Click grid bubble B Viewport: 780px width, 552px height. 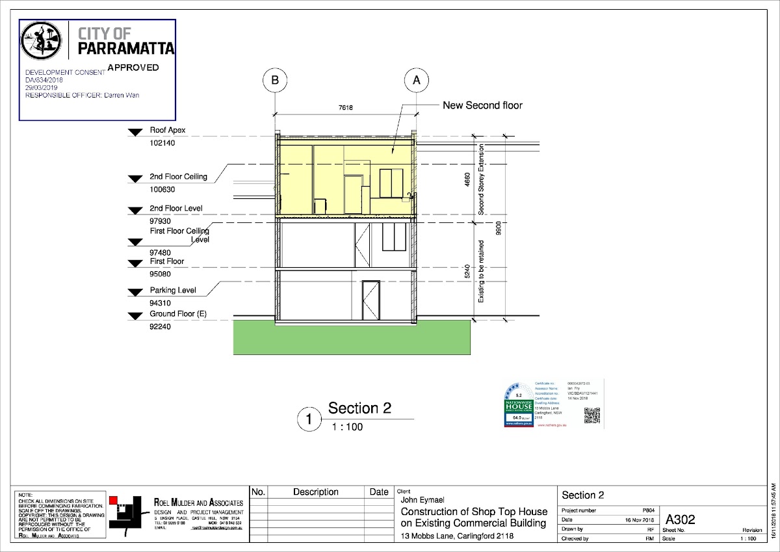pyautogui.click(x=275, y=81)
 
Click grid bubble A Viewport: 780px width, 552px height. pyautogui.click(x=416, y=81)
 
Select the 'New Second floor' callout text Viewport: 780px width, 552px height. pyautogui.click(x=482, y=105)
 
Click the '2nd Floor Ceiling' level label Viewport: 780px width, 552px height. pyautogui.click(x=178, y=176)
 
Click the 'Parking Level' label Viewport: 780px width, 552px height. pyautogui.click(x=172, y=290)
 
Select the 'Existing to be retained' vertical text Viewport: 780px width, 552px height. pyautogui.click(x=482, y=272)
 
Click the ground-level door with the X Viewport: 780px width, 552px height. pyautogui.click(x=370, y=300)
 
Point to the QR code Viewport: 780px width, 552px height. pyautogui.click(x=591, y=415)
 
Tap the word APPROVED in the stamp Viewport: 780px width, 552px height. pyautogui.click(x=133, y=67)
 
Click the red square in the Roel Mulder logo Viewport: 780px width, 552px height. pyautogui.click(x=113, y=499)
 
